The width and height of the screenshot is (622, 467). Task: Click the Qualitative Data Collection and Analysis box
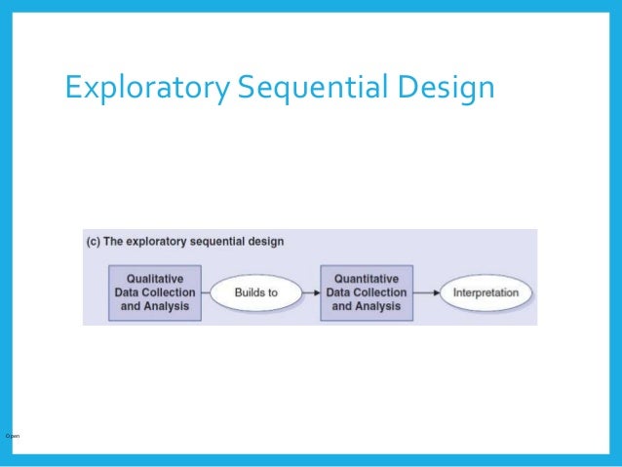(x=155, y=292)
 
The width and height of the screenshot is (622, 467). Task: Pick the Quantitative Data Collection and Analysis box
(x=366, y=292)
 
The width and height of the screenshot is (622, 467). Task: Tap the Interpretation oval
(x=486, y=292)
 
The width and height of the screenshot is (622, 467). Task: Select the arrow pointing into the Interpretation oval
(x=425, y=292)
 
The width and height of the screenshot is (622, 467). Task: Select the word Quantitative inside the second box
(x=366, y=278)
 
